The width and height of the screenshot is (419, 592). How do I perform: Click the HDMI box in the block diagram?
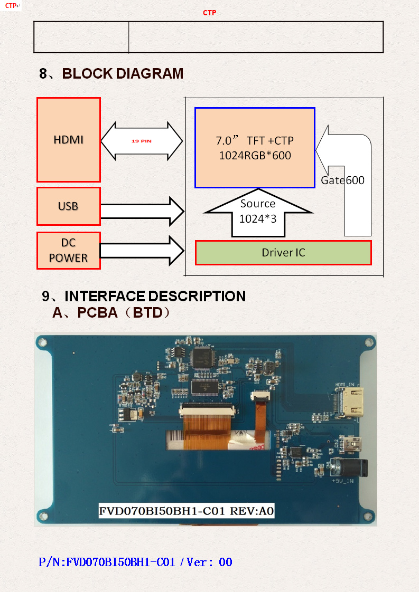[x=69, y=140]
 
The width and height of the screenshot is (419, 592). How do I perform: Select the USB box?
[x=69, y=206]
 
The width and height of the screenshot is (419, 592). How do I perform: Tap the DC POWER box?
[x=69, y=250]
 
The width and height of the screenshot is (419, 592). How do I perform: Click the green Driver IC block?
[x=283, y=253]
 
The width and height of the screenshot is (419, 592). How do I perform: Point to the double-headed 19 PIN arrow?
[x=142, y=141]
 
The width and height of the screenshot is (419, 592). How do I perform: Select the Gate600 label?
[x=342, y=180]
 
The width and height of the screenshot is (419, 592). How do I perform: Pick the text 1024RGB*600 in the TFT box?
[x=255, y=156]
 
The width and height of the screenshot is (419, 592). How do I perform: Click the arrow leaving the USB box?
[x=142, y=211]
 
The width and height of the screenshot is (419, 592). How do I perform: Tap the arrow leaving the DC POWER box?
[x=142, y=251]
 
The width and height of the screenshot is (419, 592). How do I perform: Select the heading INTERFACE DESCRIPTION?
[x=155, y=297]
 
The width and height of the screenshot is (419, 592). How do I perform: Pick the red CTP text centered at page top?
[x=210, y=13]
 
